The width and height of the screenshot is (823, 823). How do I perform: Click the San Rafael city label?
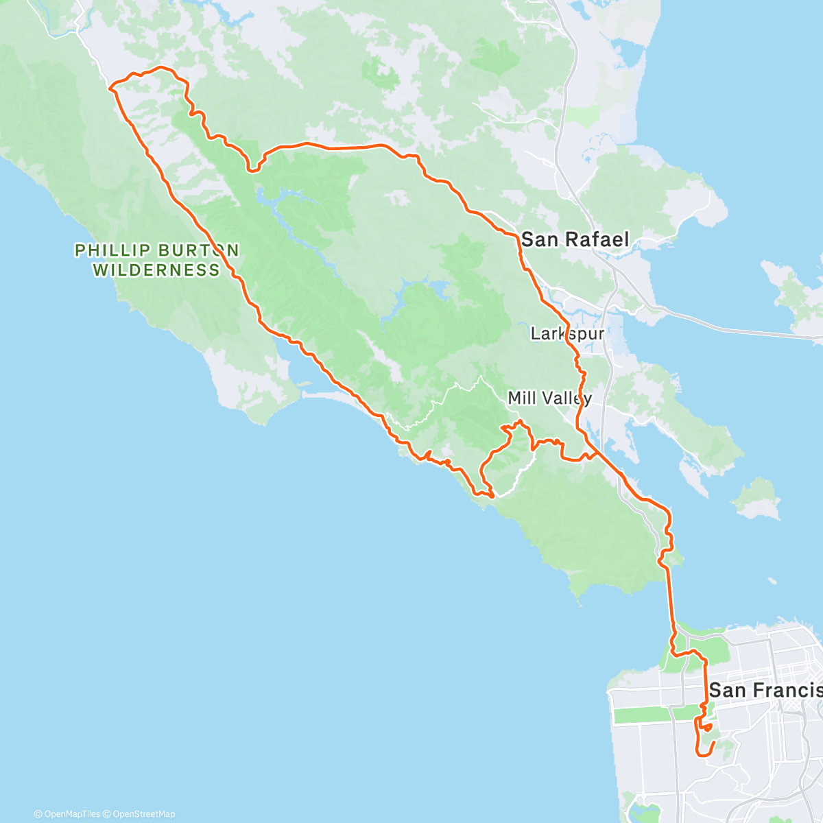click(575, 239)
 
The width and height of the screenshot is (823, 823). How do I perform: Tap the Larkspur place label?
click(567, 334)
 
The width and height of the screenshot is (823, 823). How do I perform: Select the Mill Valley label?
click(549, 398)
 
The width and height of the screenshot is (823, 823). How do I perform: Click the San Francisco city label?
click(765, 690)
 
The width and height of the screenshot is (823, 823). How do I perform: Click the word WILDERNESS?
click(156, 270)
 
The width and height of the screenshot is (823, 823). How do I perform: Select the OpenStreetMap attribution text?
click(144, 814)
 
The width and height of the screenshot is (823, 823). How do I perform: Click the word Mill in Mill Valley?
click(521, 398)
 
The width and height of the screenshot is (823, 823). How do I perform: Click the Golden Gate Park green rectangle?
click(641, 714)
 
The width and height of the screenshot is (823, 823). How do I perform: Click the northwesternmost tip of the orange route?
click(110, 86)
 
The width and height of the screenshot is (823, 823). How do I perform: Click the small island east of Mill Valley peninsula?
click(758, 499)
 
